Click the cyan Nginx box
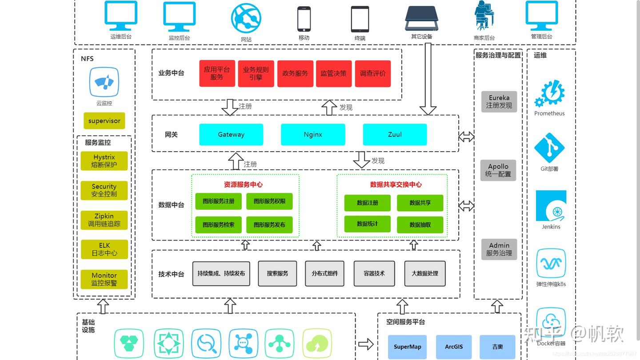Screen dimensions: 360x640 (313, 135)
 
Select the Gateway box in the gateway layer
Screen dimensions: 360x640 (231, 135)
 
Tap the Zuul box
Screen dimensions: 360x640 (395, 135)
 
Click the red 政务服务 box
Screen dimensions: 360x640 (295, 73)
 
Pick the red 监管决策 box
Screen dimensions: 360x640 (333, 73)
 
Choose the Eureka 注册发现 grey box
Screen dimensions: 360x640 (499, 102)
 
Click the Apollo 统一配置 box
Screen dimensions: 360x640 (498, 170)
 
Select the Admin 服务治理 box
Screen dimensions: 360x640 (499, 249)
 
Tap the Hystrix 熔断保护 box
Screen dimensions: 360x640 (104, 161)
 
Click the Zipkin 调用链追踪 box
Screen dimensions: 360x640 (104, 220)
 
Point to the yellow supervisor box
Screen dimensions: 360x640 (104, 121)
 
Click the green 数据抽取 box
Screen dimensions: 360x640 (420, 225)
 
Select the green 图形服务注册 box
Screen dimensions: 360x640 (218, 201)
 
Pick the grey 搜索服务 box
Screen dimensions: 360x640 (277, 273)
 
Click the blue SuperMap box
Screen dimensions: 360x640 (407, 347)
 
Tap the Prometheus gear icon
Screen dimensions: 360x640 (550, 94)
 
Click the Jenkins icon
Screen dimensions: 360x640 (551, 206)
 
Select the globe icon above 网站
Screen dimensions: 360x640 (246, 18)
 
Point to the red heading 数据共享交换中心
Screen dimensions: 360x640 (396, 184)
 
